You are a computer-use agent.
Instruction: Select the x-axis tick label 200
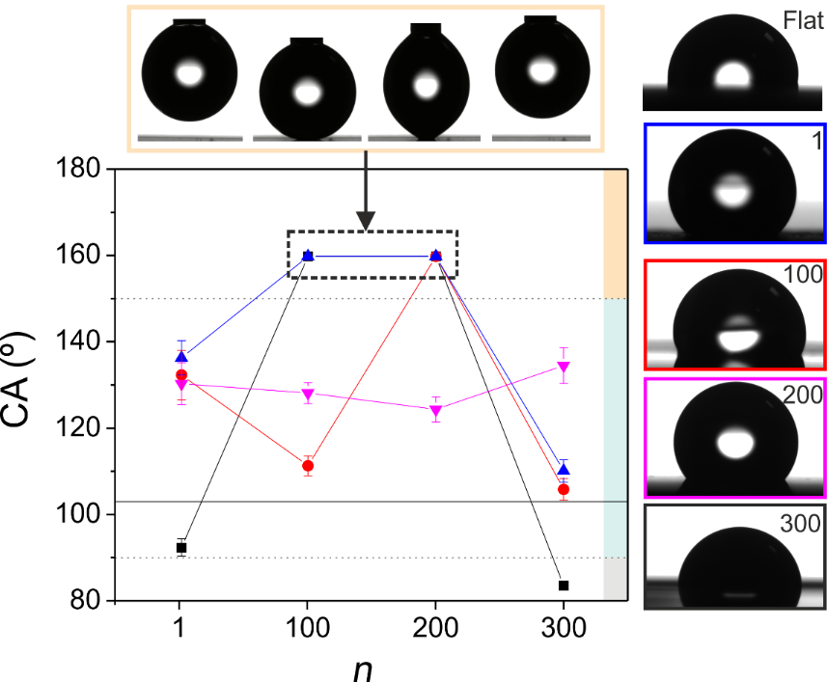[x=435, y=631]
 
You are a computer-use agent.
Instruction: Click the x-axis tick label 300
[x=564, y=631]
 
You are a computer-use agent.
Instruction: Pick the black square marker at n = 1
[x=180, y=548]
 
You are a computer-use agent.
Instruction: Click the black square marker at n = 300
[x=564, y=586]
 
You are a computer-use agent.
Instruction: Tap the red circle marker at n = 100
[x=308, y=466]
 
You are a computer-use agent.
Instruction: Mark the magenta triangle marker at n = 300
[x=564, y=368]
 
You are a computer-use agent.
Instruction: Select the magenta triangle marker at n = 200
[x=435, y=411]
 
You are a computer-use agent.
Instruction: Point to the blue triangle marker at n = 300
[x=564, y=469]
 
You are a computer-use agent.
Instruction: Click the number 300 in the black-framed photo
[x=800, y=524]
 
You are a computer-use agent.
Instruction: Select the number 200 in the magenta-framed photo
[x=802, y=394]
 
